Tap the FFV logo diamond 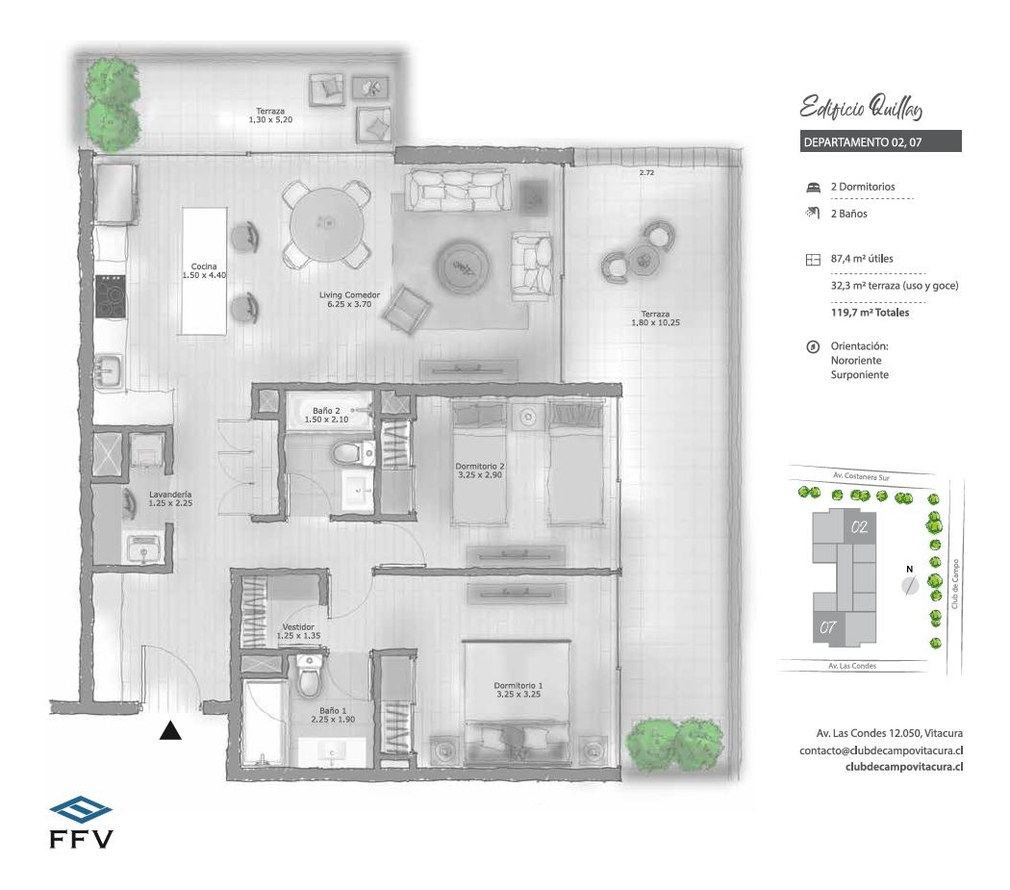[x=80, y=808]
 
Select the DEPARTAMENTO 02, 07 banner [x=880, y=141]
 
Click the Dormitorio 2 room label [x=480, y=471]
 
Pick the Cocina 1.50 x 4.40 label [x=203, y=270]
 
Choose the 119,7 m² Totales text [x=870, y=313]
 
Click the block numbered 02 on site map [x=860, y=527]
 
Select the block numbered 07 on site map [x=826, y=627]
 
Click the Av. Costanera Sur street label [x=859, y=476]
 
